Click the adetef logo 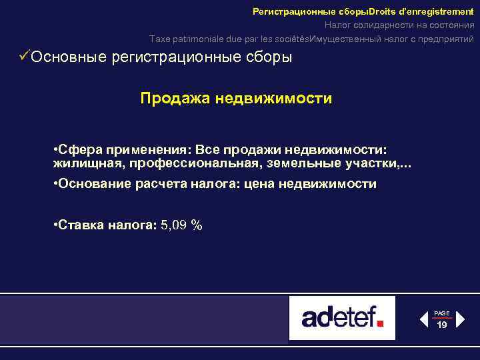[x=341, y=318]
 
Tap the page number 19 [x=442, y=325]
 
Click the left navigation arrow [x=423, y=319]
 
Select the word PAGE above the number [x=442, y=313]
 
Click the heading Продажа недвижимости [x=236, y=99]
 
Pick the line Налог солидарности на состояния [x=399, y=25]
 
